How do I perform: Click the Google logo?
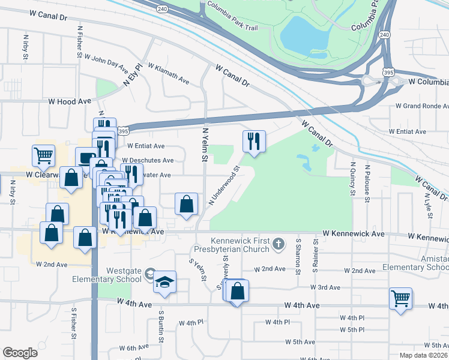[x=20, y=353]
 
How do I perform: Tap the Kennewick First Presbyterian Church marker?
[x=277, y=244]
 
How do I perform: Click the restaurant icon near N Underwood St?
[x=253, y=142]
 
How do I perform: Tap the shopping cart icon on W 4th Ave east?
[x=400, y=298]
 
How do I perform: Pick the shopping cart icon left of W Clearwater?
[x=44, y=157]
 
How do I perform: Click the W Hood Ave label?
[x=70, y=102]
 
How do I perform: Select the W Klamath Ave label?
[x=169, y=82]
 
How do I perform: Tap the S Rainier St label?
[x=315, y=255]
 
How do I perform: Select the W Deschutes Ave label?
[x=151, y=160]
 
